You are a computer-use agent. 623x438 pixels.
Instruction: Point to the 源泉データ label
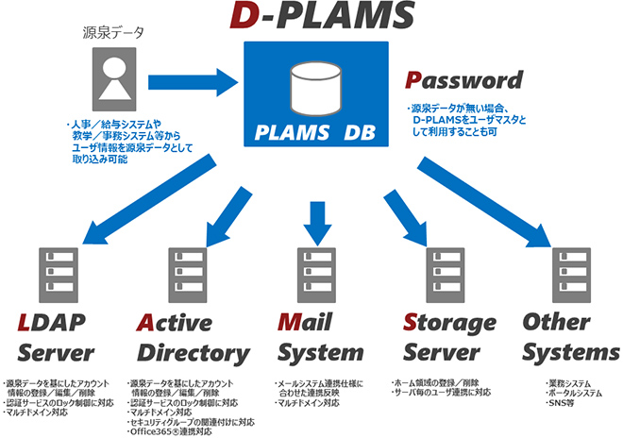[x=112, y=33]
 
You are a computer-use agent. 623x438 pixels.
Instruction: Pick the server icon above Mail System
[x=315, y=273]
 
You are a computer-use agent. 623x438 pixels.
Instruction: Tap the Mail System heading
[x=319, y=337]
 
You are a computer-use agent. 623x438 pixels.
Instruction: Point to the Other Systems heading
[x=570, y=337]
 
